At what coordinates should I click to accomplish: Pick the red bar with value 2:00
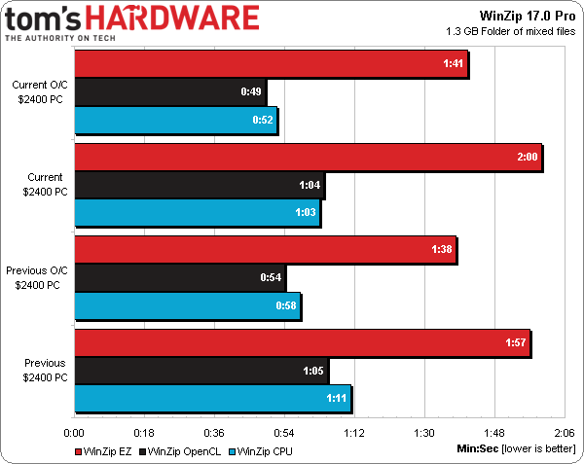coord(308,158)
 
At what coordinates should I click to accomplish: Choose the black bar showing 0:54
coord(179,278)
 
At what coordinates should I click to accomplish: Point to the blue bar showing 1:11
coord(212,399)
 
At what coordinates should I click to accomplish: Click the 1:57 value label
coord(517,343)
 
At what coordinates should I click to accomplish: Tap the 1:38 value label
coord(443,250)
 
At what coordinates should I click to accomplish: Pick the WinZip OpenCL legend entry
coord(181,450)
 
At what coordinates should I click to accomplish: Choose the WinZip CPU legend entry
coord(260,450)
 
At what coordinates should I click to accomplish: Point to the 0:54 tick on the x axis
coord(284,433)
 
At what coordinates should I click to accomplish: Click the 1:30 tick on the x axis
coord(423,433)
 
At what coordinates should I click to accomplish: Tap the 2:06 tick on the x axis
coord(563,433)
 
